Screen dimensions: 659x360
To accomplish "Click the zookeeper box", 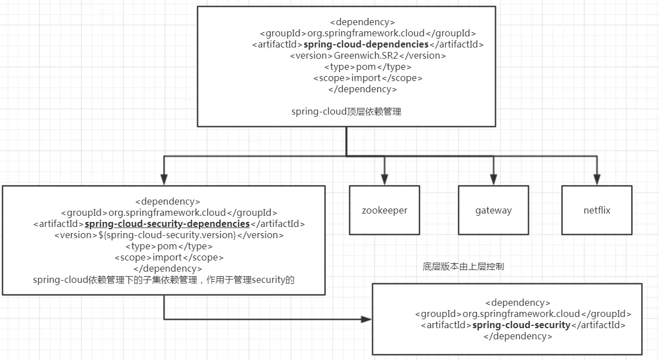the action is pos(384,210).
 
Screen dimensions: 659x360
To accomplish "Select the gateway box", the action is pos(494,210).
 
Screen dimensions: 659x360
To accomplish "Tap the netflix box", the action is pos(597,210).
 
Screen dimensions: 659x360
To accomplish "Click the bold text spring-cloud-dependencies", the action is pos(366,45).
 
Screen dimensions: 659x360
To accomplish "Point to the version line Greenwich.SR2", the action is pos(368,55).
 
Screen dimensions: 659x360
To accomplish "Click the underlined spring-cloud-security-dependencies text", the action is pos(167,224).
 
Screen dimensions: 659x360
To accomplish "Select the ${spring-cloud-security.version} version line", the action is pos(169,235).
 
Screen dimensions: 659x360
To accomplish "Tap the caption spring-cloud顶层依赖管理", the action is pos(347,111).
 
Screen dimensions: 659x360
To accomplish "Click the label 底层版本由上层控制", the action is pos(463,267).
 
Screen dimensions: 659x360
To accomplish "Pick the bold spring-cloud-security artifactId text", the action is pos(521,325).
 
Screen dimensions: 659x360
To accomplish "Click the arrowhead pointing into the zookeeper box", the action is pos(384,179).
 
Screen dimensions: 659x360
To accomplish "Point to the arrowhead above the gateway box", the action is pos(494,179).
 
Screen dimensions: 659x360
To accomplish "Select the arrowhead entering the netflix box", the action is pos(597,179).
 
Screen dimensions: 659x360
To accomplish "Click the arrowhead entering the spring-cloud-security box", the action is pos(367,319).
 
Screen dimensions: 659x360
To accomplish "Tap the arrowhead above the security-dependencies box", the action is pos(164,179).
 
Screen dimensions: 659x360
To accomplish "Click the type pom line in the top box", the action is pos(368,67).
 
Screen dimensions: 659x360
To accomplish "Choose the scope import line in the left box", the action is pos(169,257).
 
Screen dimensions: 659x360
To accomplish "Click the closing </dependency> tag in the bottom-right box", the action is pos(518,336).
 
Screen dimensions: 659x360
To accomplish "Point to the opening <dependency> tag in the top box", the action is pos(363,22).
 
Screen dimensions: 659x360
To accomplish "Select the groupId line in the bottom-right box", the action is pos(523,314).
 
